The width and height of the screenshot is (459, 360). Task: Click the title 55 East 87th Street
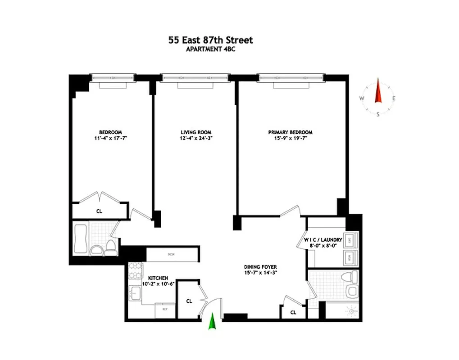(210, 40)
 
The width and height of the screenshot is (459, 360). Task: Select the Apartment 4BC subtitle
(210, 49)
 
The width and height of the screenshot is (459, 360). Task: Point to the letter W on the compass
(362, 99)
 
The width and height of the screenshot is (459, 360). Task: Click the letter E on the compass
(394, 99)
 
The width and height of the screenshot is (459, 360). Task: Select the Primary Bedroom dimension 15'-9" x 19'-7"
(290, 139)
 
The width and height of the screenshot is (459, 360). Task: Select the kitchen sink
(135, 294)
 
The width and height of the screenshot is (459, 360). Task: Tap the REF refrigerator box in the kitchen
(165, 310)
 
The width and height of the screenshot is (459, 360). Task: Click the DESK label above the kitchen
(171, 254)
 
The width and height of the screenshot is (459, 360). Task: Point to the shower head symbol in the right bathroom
(351, 310)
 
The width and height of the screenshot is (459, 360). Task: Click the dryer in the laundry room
(350, 240)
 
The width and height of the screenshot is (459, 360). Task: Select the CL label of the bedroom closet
(99, 210)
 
